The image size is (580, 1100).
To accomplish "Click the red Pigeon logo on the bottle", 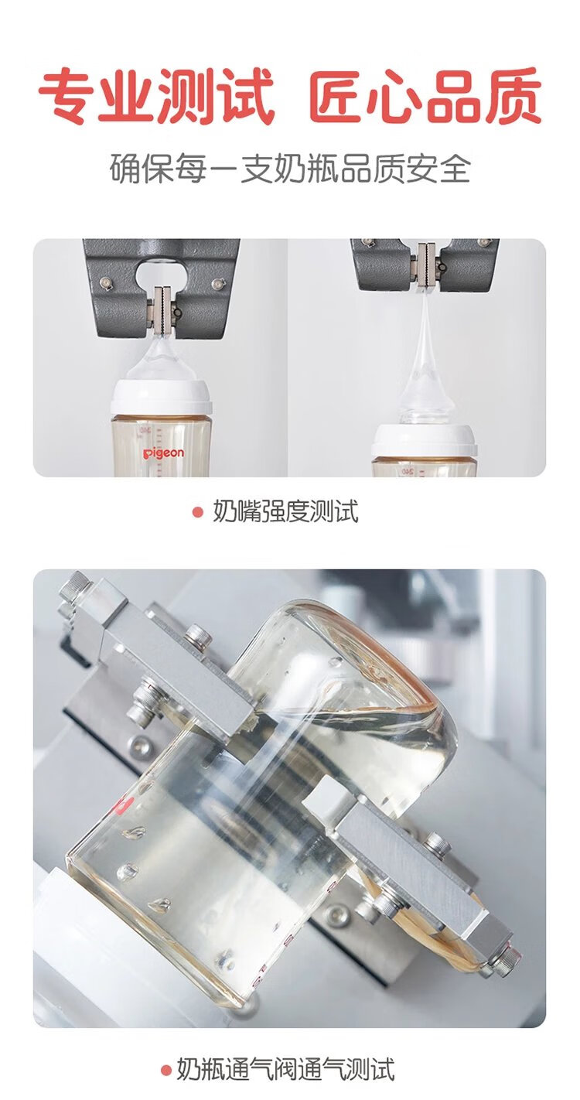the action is click(163, 453).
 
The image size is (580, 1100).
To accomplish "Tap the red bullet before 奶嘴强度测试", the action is click(197, 512).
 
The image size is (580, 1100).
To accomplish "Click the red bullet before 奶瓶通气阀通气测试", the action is click(167, 1068).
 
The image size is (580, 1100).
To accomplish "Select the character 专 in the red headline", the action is click(68, 96).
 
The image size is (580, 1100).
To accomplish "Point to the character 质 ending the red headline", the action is click(512, 96).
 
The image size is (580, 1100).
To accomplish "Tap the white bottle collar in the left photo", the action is click(161, 397).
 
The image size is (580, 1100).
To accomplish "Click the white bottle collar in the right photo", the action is click(424, 440).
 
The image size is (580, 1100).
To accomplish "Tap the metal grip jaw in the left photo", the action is click(162, 310).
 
